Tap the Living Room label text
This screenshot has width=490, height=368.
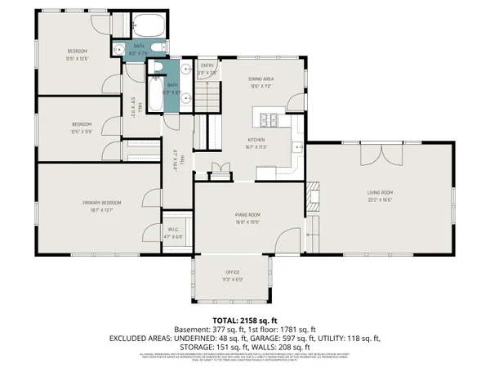coord(379,192)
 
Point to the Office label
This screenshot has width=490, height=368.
coord(234,274)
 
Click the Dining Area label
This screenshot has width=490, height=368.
coord(261,79)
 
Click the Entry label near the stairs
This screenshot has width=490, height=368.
coord(207,67)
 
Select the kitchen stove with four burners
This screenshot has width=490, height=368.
coord(269,122)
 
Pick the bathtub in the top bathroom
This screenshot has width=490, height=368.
coord(149,25)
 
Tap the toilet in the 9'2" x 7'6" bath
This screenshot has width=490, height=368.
coord(120,50)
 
